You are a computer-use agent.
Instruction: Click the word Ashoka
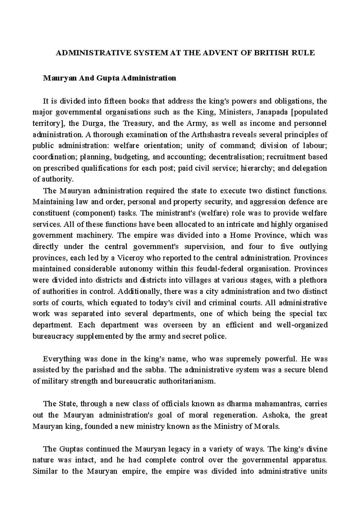tap(274, 415)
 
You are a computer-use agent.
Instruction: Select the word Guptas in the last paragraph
tap(73, 449)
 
